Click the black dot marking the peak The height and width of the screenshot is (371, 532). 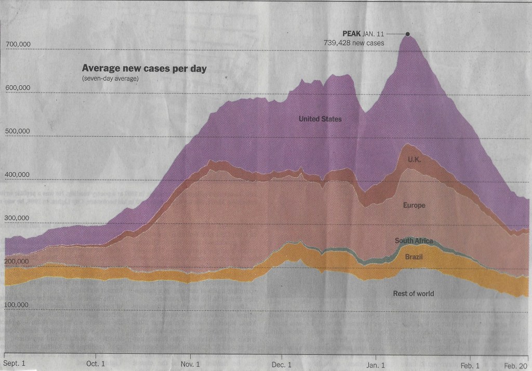tap(407, 34)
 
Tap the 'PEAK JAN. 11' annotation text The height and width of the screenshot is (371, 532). tap(363, 34)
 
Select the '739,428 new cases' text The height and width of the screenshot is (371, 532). tap(354, 43)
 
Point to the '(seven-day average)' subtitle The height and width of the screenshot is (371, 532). tap(110, 78)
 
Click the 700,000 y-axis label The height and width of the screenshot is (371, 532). tap(19, 45)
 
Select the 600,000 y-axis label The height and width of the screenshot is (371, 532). tap(19, 88)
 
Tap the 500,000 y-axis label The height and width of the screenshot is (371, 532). tap(19, 131)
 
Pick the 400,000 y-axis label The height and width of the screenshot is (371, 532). tap(19, 175)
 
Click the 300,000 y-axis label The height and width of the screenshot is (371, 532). tap(19, 219)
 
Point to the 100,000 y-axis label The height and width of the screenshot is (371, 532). tap(19, 306)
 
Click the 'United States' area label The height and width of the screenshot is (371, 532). tap(320, 120)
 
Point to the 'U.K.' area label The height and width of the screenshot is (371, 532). tap(415, 159)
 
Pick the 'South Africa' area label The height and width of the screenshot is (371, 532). tap(414, 241)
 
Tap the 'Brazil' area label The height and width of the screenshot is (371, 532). tap(414, 257)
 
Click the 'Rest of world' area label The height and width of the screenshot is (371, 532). tap(413, 294)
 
